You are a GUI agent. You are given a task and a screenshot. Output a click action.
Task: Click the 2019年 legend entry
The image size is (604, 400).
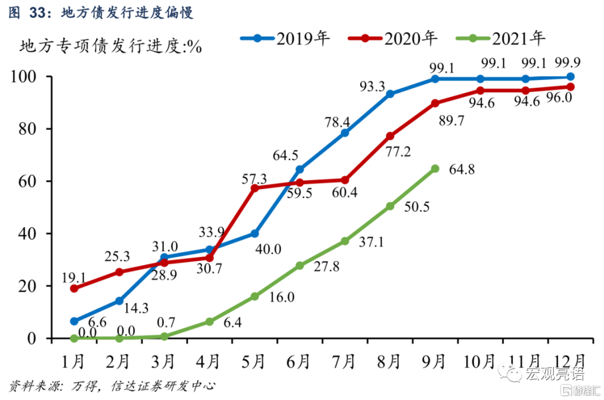click(x=285, y=38)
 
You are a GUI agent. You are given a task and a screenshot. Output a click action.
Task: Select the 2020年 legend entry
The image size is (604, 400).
click(x=392, y=38)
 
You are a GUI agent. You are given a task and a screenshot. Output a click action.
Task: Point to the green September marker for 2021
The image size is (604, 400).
click(x=435, y=168)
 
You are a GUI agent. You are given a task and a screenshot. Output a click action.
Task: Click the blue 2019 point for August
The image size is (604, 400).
click(x=390, y=94)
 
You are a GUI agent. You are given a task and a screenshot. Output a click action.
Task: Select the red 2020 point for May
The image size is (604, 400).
click(x=254, y=188)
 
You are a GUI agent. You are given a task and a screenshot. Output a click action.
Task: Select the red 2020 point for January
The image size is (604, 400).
click(x=74, y=289)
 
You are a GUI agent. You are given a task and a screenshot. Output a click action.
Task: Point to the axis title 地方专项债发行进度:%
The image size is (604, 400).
click(x=111, y=46)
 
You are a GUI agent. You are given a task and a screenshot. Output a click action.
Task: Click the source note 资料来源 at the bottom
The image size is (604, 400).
click(x=111, y=386)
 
